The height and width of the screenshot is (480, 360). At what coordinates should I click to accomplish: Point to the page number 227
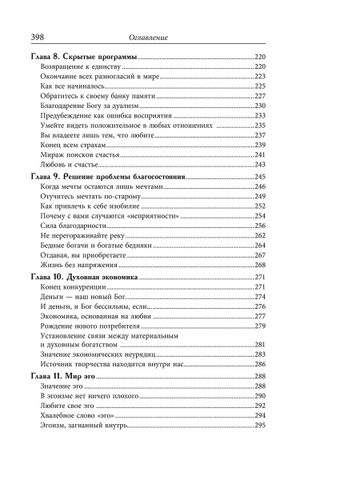259,96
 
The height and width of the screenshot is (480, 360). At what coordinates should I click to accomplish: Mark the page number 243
259,165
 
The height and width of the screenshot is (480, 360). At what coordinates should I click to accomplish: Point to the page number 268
259,265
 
